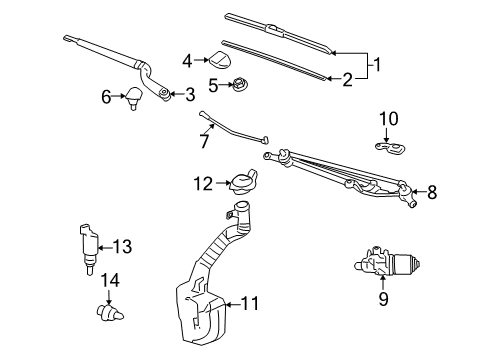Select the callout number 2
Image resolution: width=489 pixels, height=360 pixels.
point(347,79)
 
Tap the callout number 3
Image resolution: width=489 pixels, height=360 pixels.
point(190,94)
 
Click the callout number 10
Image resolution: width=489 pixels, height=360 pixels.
point(387,119)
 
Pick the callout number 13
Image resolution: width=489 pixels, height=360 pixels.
point(123,246)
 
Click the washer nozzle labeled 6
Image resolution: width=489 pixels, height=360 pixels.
point(133,98)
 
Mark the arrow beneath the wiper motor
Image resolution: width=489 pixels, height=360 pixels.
point(381,283)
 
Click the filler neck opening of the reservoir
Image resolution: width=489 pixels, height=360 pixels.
point(239,211)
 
